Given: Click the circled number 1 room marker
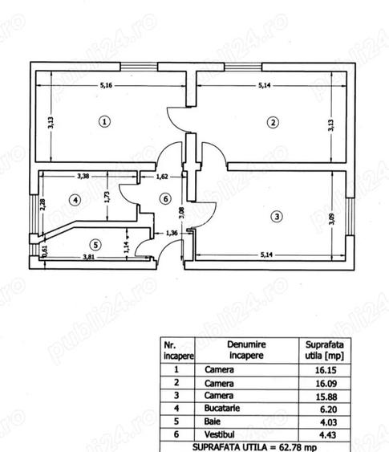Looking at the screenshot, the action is pos(104,122).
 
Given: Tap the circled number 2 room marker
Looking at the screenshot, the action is pos(273,123).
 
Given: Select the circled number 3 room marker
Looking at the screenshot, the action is pos(277,216).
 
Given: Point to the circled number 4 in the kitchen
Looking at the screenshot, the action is pos(75,200).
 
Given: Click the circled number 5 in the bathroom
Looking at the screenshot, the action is pos(95,245).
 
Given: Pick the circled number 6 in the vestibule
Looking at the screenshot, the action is pos(165,199).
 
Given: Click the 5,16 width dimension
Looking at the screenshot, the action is pos(106,85).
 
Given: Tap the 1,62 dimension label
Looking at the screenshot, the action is pos(162,177).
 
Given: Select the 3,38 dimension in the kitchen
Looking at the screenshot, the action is pos(83,176).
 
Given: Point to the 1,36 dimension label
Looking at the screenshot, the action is pos(172,233).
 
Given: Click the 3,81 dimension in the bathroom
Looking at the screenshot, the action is pos(89,257).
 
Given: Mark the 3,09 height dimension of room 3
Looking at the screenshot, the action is pos(332,218).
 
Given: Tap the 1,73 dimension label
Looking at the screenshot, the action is pos(107,197).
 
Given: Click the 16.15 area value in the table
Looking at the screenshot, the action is pos(326,370).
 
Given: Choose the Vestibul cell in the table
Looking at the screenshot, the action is pos(220,434).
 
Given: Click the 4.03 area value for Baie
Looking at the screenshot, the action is pos(329,422).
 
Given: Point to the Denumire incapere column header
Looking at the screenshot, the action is pos(246,350).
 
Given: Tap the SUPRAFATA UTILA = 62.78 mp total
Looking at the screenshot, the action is pos(254,447).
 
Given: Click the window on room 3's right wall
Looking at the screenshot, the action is pos(351,217).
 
